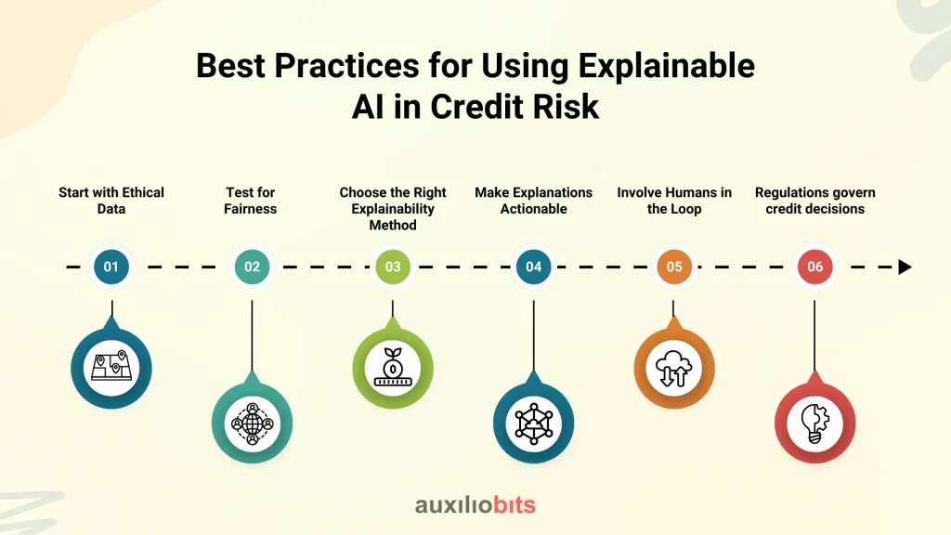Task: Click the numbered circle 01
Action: click(111, 267)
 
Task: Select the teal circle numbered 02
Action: click(252, 267)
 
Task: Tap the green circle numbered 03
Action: click(393, 267)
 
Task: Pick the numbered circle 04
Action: click(534, 267)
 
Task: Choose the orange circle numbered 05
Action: click(674, 267)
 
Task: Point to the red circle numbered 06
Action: click(815, 267)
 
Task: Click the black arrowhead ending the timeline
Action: click(905, 267)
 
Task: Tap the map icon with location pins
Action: click(111, 367)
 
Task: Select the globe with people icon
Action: click(253, 424)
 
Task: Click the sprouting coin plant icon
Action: click(393, 367)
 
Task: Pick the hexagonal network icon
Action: click(534, 424)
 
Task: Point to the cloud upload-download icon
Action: click(674, 368)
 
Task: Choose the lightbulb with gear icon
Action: click(814, 424)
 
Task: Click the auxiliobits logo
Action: click(475, 504)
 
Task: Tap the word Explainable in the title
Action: click(667, 66)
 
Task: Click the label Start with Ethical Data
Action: click(111, 201)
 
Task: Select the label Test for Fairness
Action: click(251, 201)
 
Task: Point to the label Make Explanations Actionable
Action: click(534, 201)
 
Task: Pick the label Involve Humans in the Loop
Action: click(674, 201)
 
